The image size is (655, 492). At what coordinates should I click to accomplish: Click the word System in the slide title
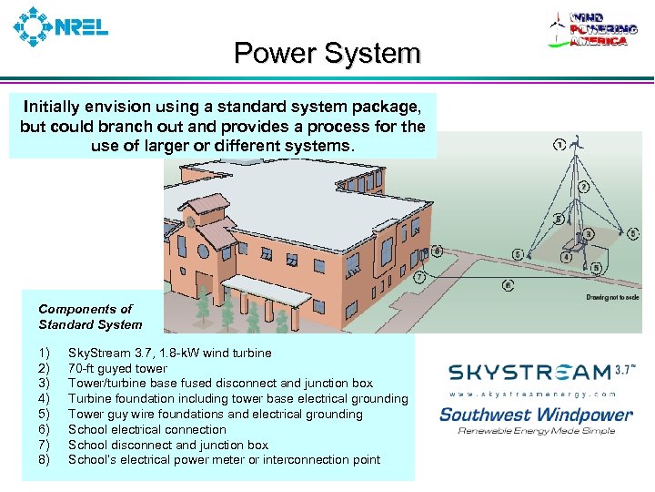[x=373, y=54]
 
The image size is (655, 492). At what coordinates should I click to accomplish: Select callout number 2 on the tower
[x=583, y=186]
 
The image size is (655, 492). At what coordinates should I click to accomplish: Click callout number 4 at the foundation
[x=568, y=258]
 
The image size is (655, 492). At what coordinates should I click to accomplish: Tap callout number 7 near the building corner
[x=418, y=275]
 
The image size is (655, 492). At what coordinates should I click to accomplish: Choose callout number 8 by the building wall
[x=438, y=250]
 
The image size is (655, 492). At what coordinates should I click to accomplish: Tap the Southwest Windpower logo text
[x=536, y=415]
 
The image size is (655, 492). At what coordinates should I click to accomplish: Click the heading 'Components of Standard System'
[x=90, y=316]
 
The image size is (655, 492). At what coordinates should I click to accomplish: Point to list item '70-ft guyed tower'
[x=117, y=368]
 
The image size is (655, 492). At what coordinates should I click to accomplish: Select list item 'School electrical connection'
[x=146, y=429]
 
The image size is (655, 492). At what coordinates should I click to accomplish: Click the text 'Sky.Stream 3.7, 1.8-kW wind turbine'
[x=169, y=353]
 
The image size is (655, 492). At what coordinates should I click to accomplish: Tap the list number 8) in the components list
[x=45, y=460]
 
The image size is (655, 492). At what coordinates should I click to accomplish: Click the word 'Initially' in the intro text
[x=53, y=106]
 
